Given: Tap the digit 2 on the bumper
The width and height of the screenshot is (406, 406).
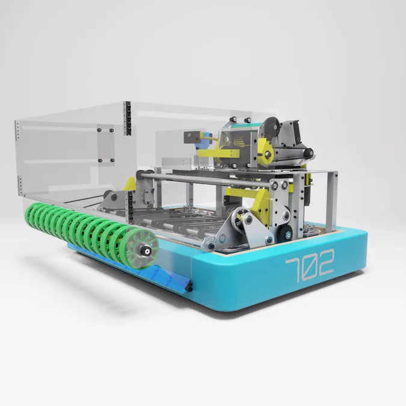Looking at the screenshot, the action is click(x=324, y=262).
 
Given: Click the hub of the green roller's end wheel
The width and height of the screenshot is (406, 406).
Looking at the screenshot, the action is click(x=147, y=251).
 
